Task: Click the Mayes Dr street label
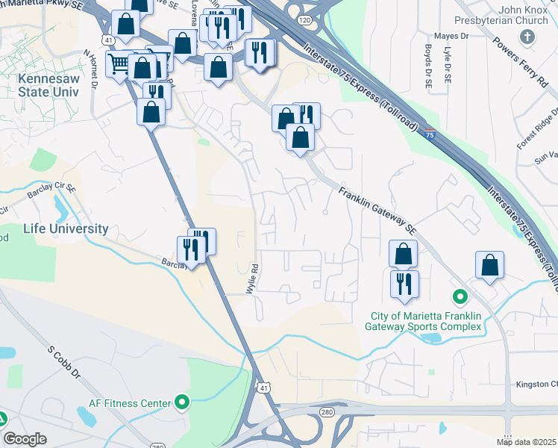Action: (451, 35)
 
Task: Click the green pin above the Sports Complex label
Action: (460, 296)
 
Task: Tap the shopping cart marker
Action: (119, 64)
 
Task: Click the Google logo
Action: (25, 439)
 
